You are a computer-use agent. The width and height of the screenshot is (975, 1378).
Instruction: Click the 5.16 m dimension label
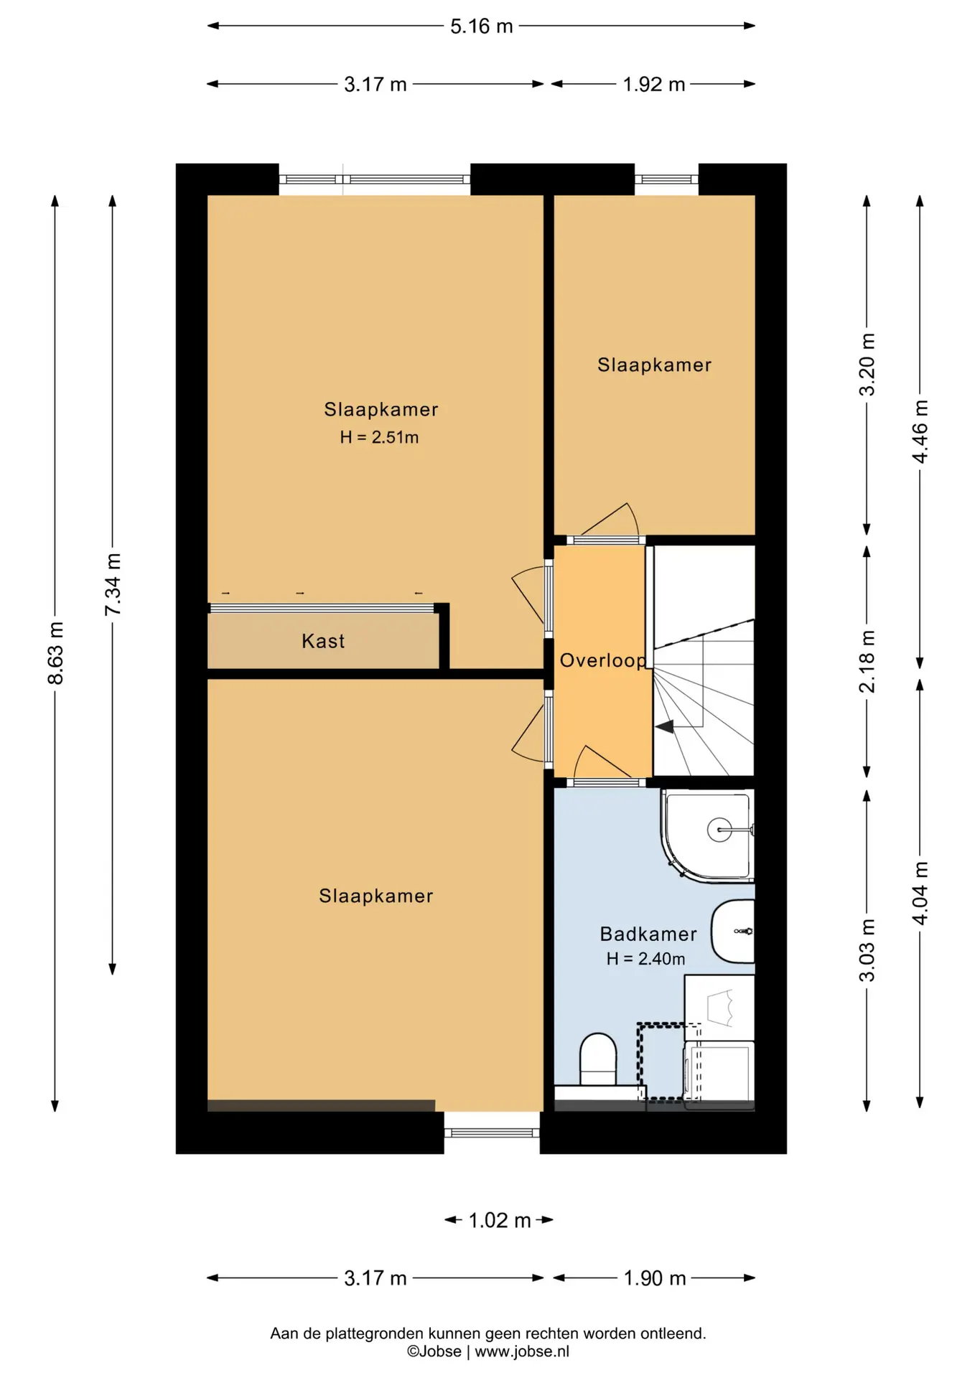point(481,27)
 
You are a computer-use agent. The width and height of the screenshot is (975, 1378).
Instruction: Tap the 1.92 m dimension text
point(653,85)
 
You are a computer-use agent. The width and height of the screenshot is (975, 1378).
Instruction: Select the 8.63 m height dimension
point(56,653)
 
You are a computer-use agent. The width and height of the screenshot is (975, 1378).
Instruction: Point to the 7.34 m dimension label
point(113,584)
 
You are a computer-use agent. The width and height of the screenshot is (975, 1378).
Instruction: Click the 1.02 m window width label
point(499,1220)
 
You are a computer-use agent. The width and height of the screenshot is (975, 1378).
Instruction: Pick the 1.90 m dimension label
point(654,1278)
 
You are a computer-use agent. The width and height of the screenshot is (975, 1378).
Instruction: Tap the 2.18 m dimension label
point(867,661)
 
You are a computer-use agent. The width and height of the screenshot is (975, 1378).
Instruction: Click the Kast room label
point(323,641)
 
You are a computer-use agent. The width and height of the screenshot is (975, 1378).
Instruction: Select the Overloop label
point(603,661)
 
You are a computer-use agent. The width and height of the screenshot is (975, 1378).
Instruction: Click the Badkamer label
point(648,934)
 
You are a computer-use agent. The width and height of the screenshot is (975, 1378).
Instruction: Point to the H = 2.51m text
point(379,437)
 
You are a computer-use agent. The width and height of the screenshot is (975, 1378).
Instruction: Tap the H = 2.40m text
point(645,959)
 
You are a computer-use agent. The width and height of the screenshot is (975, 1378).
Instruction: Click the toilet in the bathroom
point(598,1059)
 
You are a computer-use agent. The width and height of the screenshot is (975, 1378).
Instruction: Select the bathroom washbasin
point(733,931)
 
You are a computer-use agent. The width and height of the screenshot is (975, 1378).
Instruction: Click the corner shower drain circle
point(719,830)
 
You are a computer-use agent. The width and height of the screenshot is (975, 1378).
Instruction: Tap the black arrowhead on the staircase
point(664,727)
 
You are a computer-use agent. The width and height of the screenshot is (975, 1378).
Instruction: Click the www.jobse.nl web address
point(522,1351)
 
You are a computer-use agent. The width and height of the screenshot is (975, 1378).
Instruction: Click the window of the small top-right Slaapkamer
point(666,179)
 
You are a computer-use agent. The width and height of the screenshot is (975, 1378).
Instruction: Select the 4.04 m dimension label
point(920,893)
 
